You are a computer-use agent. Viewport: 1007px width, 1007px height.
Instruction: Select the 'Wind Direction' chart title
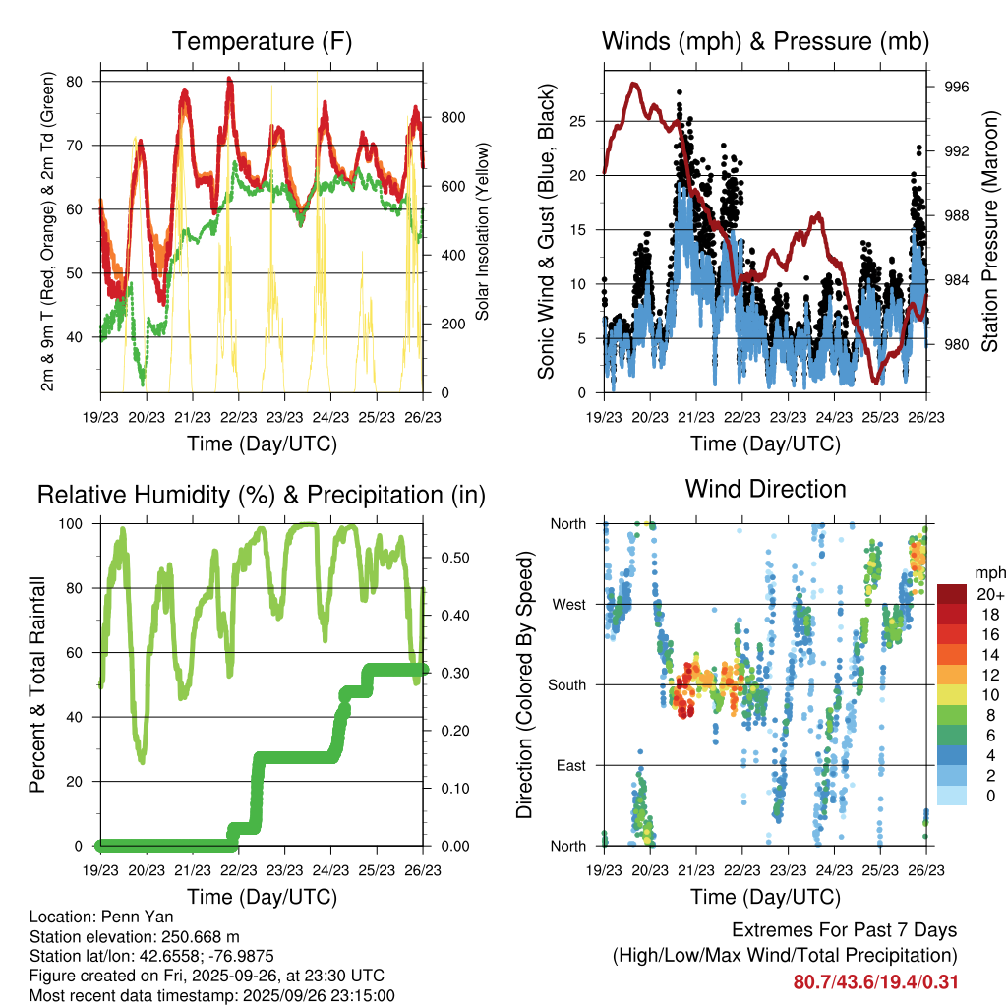[765, 488]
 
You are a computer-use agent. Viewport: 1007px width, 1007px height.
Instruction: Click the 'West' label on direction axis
[568, 604]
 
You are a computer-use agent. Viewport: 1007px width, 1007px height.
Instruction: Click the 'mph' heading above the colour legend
[987, 572]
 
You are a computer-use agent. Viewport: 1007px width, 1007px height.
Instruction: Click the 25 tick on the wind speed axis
[578, 121]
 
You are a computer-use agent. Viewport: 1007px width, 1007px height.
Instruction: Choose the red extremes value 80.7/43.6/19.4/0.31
[875, 981]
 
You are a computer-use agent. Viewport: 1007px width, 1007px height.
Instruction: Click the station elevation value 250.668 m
[197, 936]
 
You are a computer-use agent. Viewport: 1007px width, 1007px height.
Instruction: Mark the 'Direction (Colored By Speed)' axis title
[524, 683]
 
